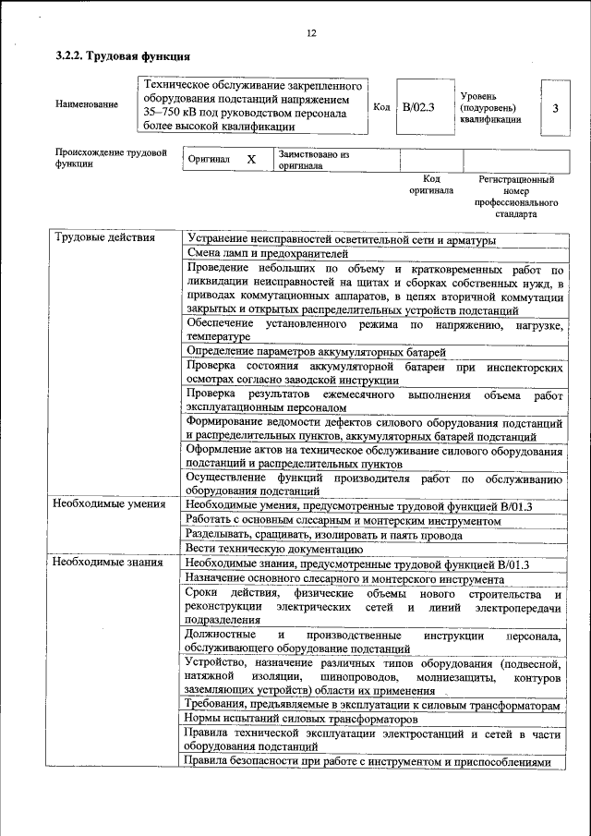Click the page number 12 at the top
click(310, 34)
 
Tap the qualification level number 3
click(554, 108)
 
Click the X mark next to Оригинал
click(250, 159)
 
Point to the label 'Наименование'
click(87, 104)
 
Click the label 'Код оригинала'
click(431, 185)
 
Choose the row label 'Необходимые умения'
click(109, 504)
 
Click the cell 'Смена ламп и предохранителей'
click(267, 253)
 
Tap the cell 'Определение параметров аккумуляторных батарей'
click(316, 351)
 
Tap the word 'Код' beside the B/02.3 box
click(381, 107)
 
